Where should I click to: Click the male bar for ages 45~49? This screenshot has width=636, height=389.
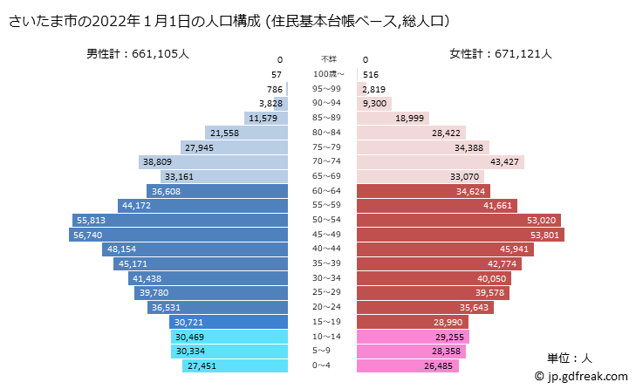point(179,235)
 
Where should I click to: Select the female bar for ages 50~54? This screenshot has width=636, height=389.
point(458,220)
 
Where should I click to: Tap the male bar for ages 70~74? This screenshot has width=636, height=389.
point(214,161)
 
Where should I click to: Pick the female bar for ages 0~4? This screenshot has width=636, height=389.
point(410,366)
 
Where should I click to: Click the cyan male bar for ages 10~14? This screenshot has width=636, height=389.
point(229,337)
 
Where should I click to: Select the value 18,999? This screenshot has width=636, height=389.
point(409,118)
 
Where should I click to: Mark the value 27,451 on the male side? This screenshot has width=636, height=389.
point(201,366)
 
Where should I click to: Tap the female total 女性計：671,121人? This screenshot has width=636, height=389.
point(501,53)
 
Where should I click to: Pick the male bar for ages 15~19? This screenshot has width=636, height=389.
point(229,322)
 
